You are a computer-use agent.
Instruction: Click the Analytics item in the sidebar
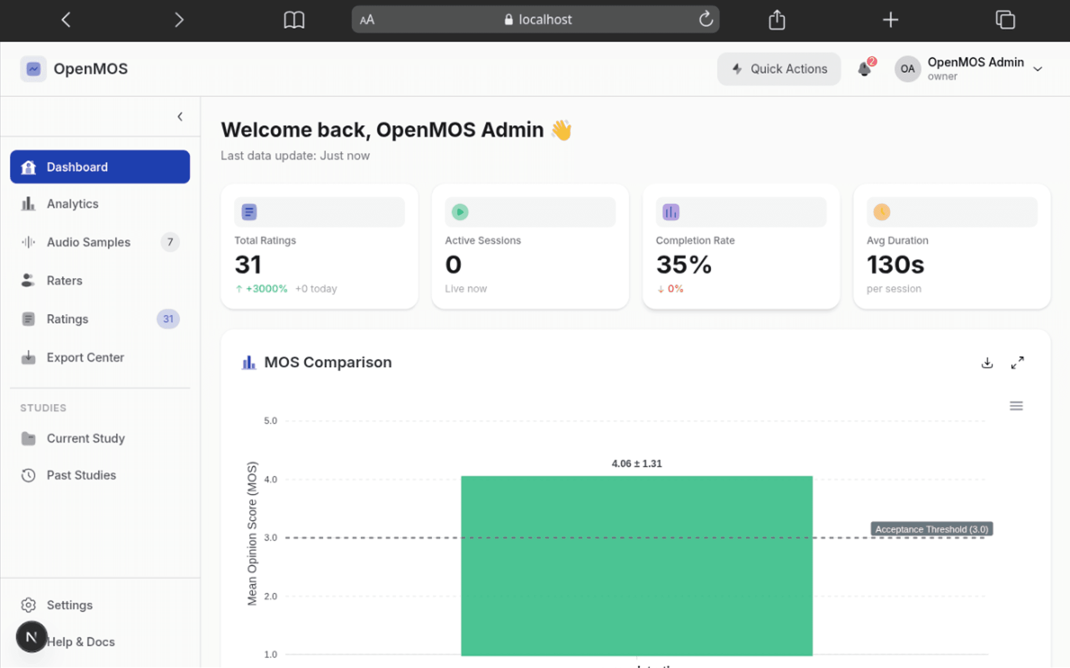(x=73, y=203)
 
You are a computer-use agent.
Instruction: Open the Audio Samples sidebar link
(x=88, y=242)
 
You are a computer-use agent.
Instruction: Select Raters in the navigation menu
(x=65, y=280)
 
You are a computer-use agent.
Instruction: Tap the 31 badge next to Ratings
(x=168, y=319)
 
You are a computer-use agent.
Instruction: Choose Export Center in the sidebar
(x=85, y=357)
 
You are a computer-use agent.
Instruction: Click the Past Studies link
(x=81, y=475)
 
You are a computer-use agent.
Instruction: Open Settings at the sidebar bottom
(x=69, y=605)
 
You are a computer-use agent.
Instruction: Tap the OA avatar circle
(x=907, y=69)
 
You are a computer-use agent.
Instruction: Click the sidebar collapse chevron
(x=180, y=116)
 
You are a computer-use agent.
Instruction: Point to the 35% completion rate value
(x=684, y=265)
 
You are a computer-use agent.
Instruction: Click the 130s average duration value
(x=895, y=265)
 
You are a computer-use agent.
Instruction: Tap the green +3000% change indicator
(x=266, y=289)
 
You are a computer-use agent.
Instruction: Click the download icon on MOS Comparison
(x=987, y=363)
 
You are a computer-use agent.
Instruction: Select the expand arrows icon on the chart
(x=1017, y=363)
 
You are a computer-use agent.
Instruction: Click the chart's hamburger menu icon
(x=1016, y=406)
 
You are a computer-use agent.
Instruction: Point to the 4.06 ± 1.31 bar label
(x=637, y=464)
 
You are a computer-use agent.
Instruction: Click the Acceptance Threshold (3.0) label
(x=932, y=529)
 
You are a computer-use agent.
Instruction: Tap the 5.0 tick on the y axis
(x=270, y=421)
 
